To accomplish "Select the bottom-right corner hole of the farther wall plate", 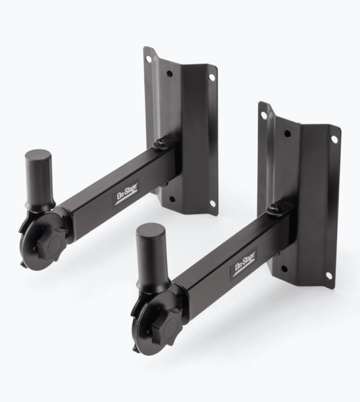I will click(x=212, y=203).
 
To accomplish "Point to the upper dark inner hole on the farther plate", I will click(x=168, y=74).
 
